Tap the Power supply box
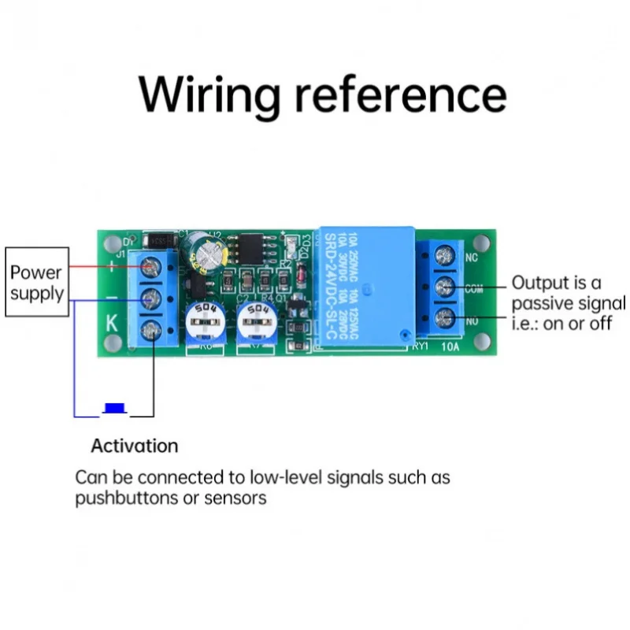tap(36, 283)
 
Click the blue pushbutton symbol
tap(116, 408)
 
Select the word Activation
tap(135, 446)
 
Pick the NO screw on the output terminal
tap(445, 318)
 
